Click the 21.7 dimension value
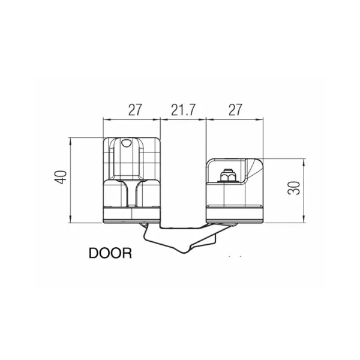tap(183, 110)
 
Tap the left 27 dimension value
tap(135, 110)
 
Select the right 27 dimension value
tap(235, 110)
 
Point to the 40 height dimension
tap(61, 177)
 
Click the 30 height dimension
tap(294, 188)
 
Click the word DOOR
tap(110, 253)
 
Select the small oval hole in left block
tap(126, 143)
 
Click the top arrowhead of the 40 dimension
tap(70, 141)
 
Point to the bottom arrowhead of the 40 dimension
tap(70, 220)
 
